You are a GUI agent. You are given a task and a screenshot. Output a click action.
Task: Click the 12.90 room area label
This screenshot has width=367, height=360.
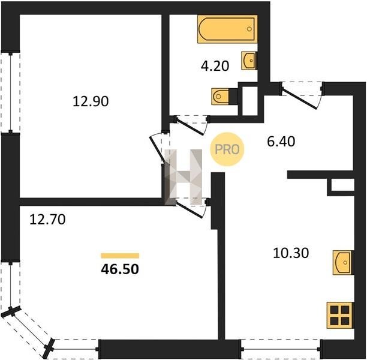91,101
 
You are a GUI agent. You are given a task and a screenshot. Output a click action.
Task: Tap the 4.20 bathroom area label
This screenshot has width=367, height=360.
215,66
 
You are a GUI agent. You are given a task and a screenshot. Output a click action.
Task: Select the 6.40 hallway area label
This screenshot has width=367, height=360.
281,142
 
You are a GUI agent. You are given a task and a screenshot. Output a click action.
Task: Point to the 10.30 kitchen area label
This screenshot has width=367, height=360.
291,253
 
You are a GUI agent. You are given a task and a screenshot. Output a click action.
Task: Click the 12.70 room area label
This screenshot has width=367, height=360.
47,220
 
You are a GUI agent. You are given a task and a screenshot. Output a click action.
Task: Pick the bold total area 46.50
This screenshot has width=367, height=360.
120,269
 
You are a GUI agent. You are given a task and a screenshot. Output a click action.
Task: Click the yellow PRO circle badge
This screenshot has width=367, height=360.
227,149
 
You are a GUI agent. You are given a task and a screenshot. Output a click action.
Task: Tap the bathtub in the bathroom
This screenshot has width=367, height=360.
227,29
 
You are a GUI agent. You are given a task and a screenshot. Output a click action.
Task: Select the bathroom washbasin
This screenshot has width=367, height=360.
249,61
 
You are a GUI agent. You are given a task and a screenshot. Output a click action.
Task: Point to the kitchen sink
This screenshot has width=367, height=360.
343,262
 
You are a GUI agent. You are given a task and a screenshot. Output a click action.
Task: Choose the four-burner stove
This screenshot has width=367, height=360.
340,315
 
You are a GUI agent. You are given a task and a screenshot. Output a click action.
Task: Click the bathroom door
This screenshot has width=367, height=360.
191,126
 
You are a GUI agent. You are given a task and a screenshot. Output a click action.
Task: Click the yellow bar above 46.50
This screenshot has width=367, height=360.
120,256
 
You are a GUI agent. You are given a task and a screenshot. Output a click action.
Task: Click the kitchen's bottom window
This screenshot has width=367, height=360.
281,349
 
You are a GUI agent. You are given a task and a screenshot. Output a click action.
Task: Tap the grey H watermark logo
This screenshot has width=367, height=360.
183,177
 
